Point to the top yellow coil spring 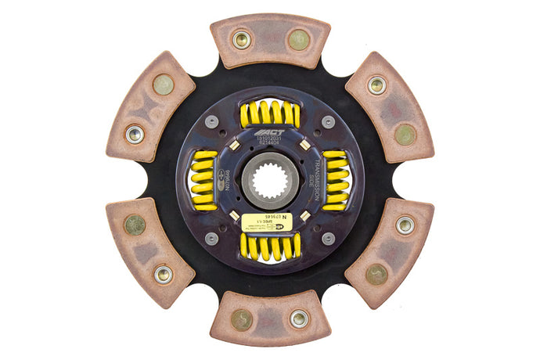(x=269, y=114)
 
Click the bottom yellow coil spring (x=269, y=247)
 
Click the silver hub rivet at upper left (x=212, y=121)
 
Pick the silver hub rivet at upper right (x=327, y=121)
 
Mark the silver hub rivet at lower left (x=212, y=238)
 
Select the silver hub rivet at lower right (x=327, y=238)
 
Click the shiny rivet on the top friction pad (x=241, y=39)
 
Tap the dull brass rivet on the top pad (x=298, y=39)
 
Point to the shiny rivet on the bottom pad (x=299, y=319)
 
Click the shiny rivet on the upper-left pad (x=135, y=134)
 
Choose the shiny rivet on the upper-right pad (x=376, y=85)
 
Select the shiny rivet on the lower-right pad (x=405, y=225)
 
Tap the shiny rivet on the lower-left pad (x=163, y=274)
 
